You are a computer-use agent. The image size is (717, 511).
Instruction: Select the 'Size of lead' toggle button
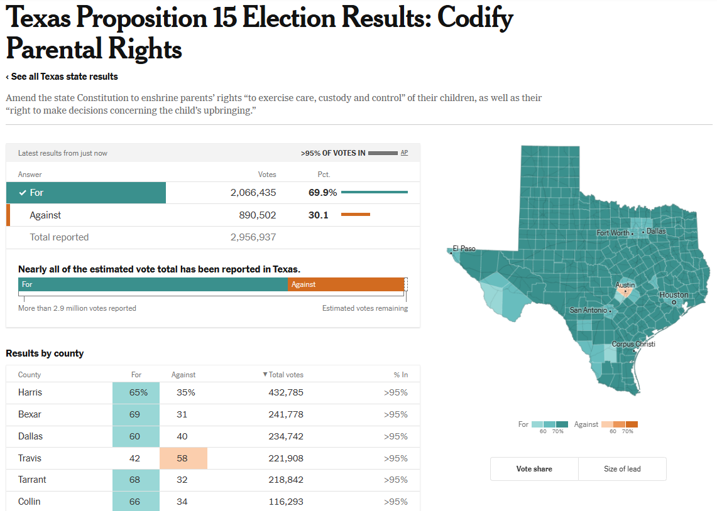(x=622, y=469)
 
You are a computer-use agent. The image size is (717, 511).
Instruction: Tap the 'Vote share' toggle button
(x=534, y=469)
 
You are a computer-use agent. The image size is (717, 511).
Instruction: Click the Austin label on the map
(x=625, y=285)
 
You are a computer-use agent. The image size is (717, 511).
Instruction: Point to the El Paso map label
(x=464, y=249)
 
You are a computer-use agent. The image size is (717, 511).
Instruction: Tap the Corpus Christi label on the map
(x=633, y=344)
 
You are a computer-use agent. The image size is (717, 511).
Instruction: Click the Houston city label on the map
(x=674, y=295)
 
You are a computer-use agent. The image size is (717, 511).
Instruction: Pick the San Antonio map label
(x=588, y=310)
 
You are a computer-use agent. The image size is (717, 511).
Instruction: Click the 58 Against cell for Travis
(x=183, y=458)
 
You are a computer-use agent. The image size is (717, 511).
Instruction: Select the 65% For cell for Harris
(x=136, y=393)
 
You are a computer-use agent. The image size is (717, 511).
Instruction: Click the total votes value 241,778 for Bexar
(x=286, y=414)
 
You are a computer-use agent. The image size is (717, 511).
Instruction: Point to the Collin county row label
(x=30, y=502)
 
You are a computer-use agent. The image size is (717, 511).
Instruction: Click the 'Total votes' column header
(x=285, y=375)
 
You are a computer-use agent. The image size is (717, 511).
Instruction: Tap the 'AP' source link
(x=404, y=153)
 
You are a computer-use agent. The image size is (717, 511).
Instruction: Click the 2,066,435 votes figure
(x=253, y=193)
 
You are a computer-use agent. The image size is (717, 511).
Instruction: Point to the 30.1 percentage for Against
(x=319, y=215)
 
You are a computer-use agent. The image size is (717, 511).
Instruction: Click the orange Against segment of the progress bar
(x=346, y=284)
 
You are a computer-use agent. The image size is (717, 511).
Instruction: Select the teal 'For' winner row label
(x=86, y=193)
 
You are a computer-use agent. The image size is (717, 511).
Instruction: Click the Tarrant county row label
(x=32, y=480)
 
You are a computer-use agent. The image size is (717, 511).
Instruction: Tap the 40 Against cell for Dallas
(x=183, y=436)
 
